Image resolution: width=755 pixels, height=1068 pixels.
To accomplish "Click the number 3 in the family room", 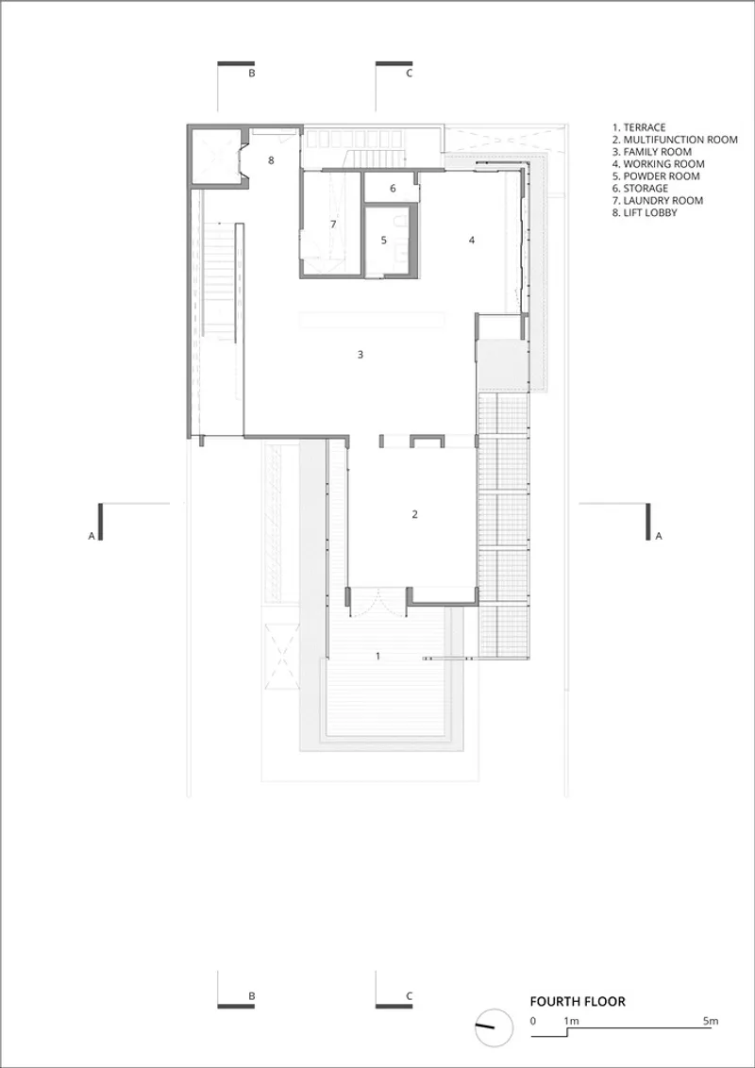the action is pyautogui.click(x=361, y=354).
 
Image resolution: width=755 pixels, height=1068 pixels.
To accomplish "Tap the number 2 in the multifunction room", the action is pyautogui.click(x=414, y=513).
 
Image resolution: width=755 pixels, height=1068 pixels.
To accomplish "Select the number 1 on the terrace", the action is pyautogui.click(x=378, y=656).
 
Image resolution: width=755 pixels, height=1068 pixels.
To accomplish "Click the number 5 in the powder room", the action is pyautogui.click(x=383, y=240).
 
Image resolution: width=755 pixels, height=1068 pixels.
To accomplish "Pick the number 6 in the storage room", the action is pyautogui.click(x=393, y=189).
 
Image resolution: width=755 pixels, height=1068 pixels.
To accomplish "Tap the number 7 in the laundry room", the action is pyautogui.click(x=333, y=224).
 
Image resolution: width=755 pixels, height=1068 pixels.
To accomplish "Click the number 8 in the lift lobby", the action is pyautogui.click(x=271, y=160).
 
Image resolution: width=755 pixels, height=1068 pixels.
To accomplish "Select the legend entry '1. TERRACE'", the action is pyautogui.click(x=639, y=127).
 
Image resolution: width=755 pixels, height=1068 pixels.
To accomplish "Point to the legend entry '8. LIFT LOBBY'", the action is pyautogui.click(x=645, y=213).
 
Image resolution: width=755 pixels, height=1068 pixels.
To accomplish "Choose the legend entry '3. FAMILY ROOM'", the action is pyautogui.click(x=652, y=152).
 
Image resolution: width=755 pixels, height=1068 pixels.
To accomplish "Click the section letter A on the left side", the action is pyautogui.click(x=91, y=536).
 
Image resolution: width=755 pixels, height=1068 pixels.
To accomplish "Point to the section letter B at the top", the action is pyautogui.click(x=251, y=74).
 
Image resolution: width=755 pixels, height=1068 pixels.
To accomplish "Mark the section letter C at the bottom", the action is pyautogui.click(x=409, y=995).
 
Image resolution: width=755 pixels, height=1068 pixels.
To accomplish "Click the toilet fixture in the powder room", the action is pyautogui.click(x=402, y=222).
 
